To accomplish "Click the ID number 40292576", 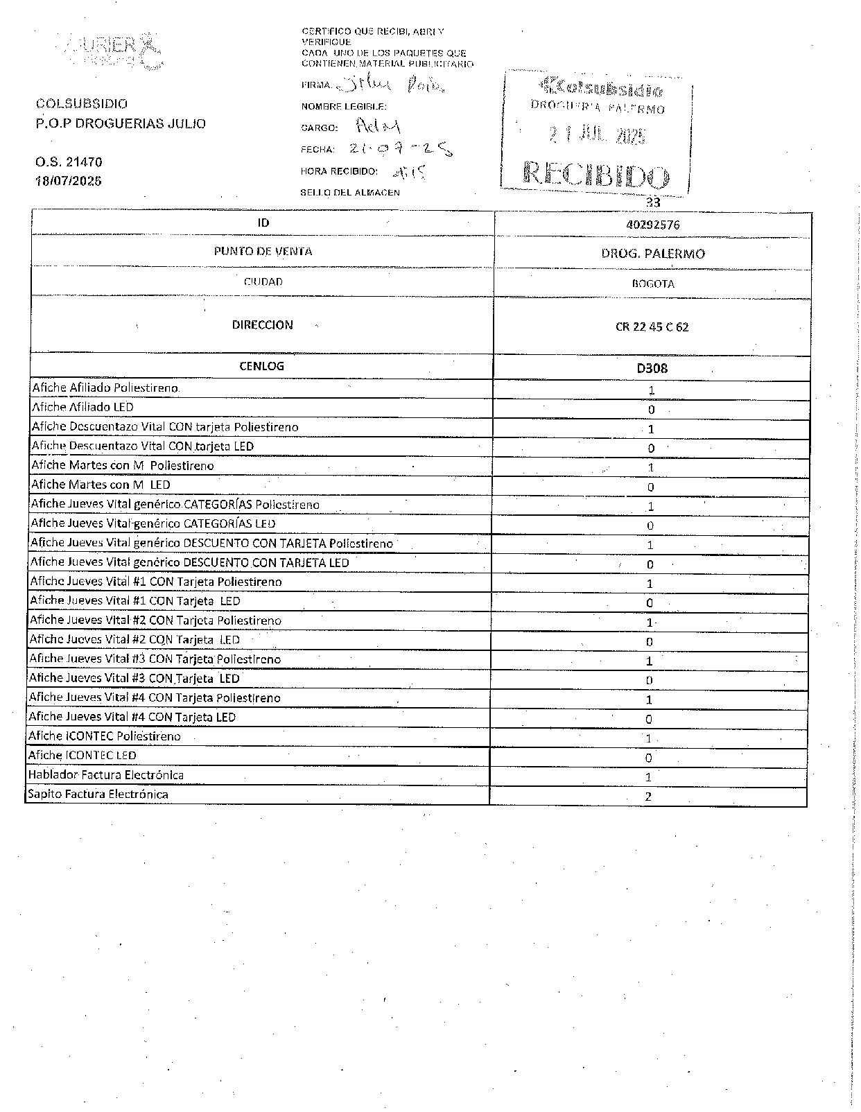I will (652, 225).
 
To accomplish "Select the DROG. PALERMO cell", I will (652, 254).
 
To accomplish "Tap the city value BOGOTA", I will (652, 284).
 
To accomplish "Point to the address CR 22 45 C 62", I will (652, 327).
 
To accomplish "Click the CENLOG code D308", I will (652, 368).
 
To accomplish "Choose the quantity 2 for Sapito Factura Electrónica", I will (648, 797).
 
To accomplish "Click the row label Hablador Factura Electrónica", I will (106, 775).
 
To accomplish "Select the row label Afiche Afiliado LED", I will (82, 408).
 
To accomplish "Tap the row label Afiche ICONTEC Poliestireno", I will (105, 736).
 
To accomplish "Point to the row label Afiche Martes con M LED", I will (101, 485).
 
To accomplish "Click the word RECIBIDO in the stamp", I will (596, 175).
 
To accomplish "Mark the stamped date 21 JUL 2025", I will (597, 135).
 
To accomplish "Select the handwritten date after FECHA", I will (401, 148).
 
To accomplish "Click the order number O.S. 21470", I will (69, 162).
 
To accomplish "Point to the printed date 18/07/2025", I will (69, 181).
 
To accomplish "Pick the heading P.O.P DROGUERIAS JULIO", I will (121, 124).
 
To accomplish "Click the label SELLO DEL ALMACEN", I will (350, 193).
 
